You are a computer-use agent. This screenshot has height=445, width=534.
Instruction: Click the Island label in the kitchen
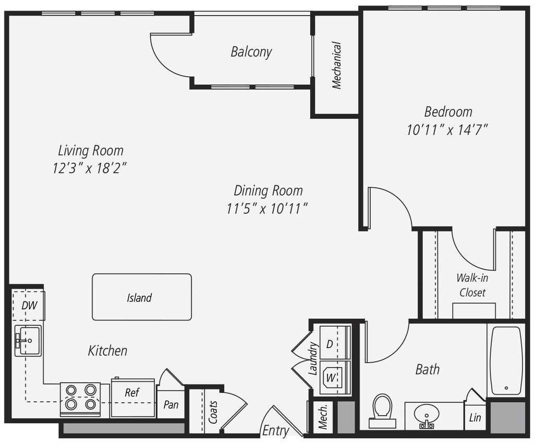point(139,298)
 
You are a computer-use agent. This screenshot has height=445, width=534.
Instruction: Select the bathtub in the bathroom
point(506,360)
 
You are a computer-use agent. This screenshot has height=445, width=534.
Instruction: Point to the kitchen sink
point(27,341)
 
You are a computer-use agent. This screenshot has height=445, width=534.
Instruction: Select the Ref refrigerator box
point(132,396)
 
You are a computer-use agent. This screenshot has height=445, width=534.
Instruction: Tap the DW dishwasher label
point(29,306)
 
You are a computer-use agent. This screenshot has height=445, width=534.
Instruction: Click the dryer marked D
point(334,343)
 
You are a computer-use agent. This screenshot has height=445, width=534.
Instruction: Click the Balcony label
point(251,52)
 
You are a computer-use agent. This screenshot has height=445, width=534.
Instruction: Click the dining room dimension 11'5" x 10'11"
point(266,208)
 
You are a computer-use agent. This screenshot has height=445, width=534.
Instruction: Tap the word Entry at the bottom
point(275,431)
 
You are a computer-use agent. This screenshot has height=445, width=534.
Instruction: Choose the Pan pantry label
point(171,404)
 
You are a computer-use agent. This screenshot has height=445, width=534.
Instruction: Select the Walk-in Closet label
point(472,285)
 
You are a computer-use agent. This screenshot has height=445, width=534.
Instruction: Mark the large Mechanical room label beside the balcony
point(337,65)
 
